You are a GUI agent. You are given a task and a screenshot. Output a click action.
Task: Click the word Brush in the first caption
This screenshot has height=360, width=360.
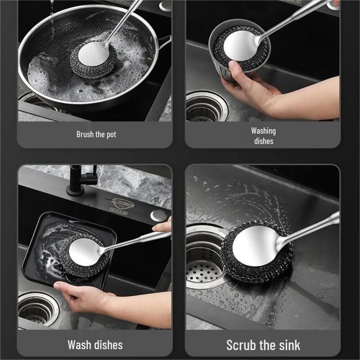(85, 134)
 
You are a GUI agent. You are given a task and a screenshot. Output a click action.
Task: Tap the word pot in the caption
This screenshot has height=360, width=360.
(111, 134)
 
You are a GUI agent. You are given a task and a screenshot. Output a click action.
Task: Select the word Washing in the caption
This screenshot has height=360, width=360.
(263, 131)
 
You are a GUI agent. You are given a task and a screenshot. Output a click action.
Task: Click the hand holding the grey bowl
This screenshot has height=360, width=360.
(245, 83)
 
